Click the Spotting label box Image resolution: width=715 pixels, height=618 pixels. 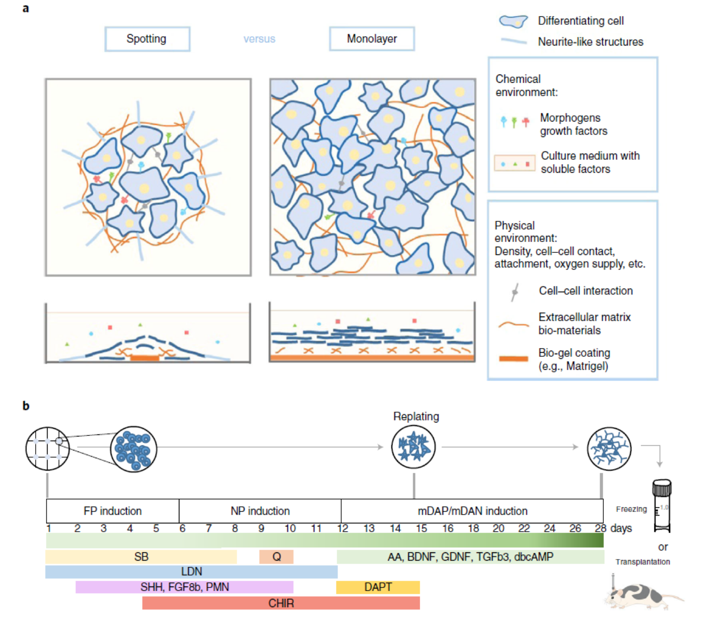pyautogui.click(x=147, y=39)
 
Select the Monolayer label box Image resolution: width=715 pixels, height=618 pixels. pyautogui.click(x=372, y=39)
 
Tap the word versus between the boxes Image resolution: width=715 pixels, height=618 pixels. pyautogui.click(x=259, y=39)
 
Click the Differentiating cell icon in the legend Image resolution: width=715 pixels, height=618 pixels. pyautogui.click(x=513, y=21)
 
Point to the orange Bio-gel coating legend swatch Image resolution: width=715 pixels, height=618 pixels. pyautogui.click(x=513, y=358)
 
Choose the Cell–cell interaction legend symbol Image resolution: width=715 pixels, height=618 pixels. pyautogui.click(x=515, y=292)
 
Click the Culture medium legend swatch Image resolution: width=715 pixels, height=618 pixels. pyautogui.click(x=515, y=163)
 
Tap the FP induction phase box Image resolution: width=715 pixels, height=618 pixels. pyautogui.click(x=113, y=511)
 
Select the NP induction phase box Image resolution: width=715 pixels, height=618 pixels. pyautogui.click(x=260, y=511)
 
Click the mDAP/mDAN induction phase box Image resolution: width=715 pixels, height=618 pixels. pyautogui.click(x=472, y=511)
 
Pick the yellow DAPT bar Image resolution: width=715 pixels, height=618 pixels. pyautogui.click(x=378, y=587)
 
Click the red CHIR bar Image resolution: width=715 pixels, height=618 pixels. pyautogui.click(x=281, y=603)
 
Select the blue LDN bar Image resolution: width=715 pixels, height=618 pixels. pyautogui.click(x=191, y=571)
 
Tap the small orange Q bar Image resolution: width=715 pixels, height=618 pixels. pyautogui.click(x=277, y=557)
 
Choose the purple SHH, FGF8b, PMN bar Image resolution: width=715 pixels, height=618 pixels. pyautogui.click(x=185, y=587)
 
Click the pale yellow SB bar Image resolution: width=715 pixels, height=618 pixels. pyautogui.click(x=141, y=557)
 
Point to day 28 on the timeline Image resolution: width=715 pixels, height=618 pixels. pyautogui.click(x=600, y=529)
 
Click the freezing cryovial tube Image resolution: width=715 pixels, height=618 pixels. pyautogui.click(x=662, y=506)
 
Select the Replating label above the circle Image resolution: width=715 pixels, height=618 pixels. pyautogui.click(x=416, y=416)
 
